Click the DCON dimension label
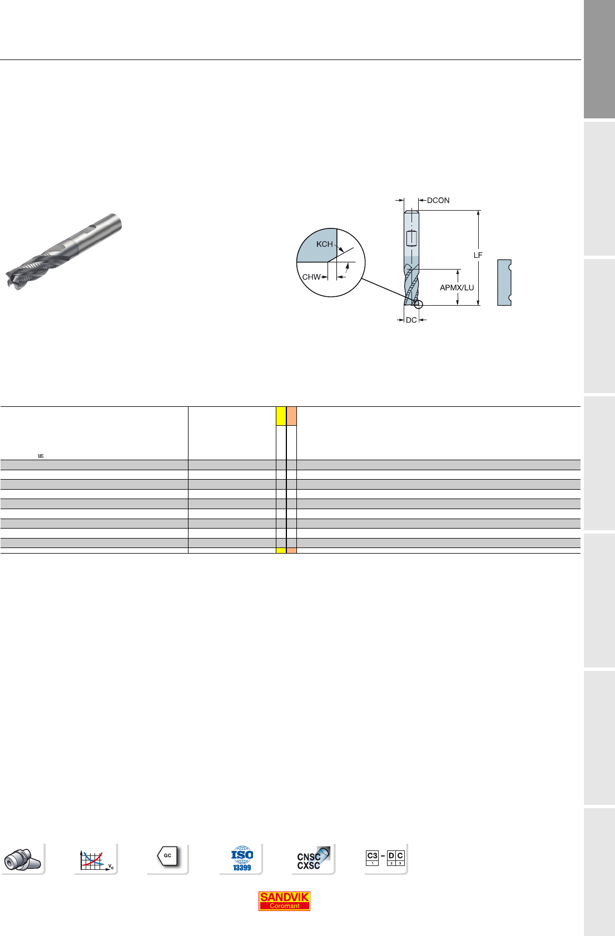click(438, 201)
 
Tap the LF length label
click(478, 255)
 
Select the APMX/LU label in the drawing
click(457, 287)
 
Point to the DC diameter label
click(411, 320)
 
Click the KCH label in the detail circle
click(324, 244)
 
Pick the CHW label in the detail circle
click(311, 277)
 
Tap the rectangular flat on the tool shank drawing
click(412, 238)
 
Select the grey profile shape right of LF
click(504, 282)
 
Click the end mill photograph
click(63, 251)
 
